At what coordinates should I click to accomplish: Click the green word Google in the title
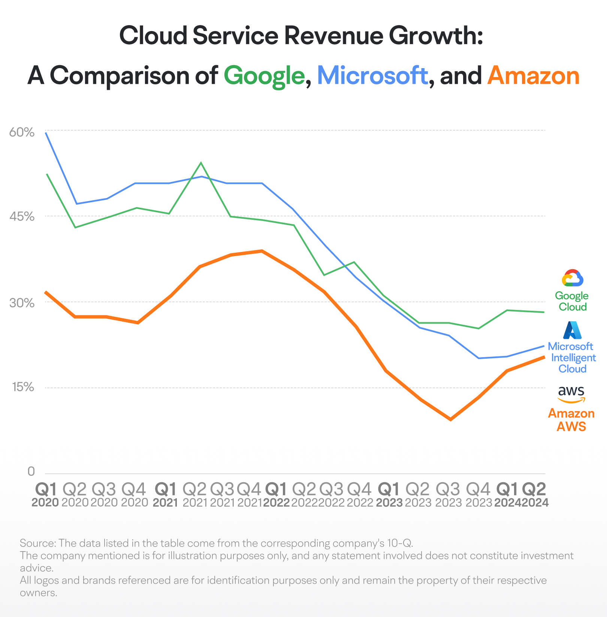pyautogui.click(x=264, y=76)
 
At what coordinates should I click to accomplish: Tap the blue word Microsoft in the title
pyautogui.click(x=372, y=75)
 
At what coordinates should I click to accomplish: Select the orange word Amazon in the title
pyautogui.click(x=534, y=75)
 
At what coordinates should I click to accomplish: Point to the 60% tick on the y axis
pyautogui.click(x=22, y=132)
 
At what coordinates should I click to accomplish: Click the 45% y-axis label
pyautogui.click(x=22, y=216)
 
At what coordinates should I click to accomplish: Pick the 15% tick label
pyautogui.click(x=23, y=387)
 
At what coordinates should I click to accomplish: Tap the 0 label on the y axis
pyautogui.click(x=31, y=471)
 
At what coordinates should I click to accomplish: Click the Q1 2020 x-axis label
pyautogui.click(x=45, y=495)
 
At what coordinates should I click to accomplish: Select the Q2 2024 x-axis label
pyautogui.click(x=535, y=495)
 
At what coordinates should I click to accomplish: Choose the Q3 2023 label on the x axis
pyautogui.click(x=448, y=495)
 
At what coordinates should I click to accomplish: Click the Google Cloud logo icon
pyautogui.click(x=573, y=278)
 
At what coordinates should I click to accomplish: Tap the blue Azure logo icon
pyautogui.click(x=573, y=330)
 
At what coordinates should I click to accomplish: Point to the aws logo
pyautogui.click(x=571, y=394)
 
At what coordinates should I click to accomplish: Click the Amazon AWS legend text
pyautogui.click(x=571, y=420)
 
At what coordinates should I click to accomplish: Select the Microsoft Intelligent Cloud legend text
pyautogui.click(x=572, y=358)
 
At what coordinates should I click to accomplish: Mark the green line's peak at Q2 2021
pyautogui.click(x=201, y=162)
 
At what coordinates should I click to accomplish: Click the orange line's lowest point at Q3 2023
pyautogui.click(x=450, y=420)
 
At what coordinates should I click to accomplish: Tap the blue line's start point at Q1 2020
pyautogui.click(x=45, y=133)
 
